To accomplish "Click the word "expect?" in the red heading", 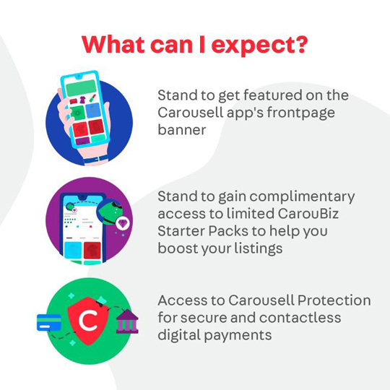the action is (x=259, y=45).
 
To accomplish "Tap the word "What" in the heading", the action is (x=113, y=44).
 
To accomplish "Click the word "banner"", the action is (x=182, y=129).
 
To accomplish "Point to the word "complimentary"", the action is (x=302, y=197).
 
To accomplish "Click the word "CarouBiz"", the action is (x=308, y=213).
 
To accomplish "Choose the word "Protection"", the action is (x=334, y=300).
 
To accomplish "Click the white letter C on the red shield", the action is (x=88, y=321).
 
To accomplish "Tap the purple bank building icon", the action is (x=127, y=321).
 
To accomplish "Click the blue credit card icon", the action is (x=49, y=323).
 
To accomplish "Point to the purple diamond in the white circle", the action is (x=122, y=223).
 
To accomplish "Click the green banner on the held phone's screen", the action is (x=81, y=88).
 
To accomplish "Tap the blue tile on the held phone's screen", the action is (x=93, y=110).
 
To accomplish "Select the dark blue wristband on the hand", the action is (x=96, y=160).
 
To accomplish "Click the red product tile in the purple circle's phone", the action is (x=92, y=251).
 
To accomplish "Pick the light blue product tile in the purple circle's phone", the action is (x=73, y=251).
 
